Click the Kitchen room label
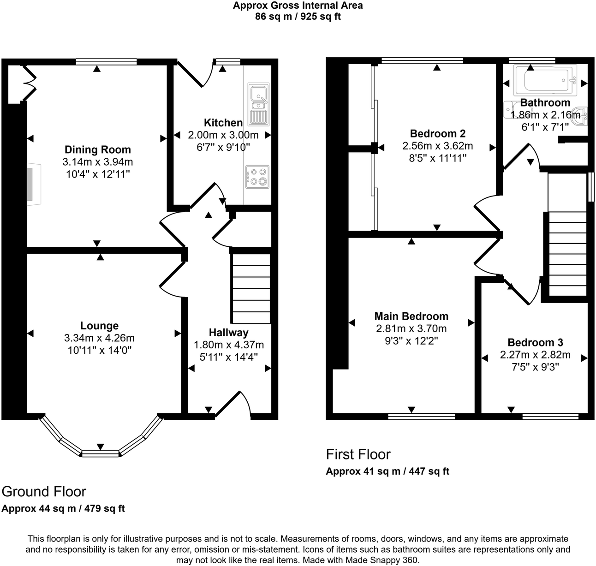coord(223,123)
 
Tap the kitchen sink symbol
coord(257,104)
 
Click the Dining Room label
coord(97,149)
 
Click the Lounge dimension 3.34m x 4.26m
coord(99,338)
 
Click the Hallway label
coord(228,333)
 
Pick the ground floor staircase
coord(250,288)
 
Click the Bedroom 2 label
coord(437,134)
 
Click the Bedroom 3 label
coord(535,342)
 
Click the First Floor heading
coord(358,454)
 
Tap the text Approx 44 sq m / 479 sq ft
coord(63,508)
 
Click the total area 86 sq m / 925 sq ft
coord(298,17)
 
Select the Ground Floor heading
coord(44,491)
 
